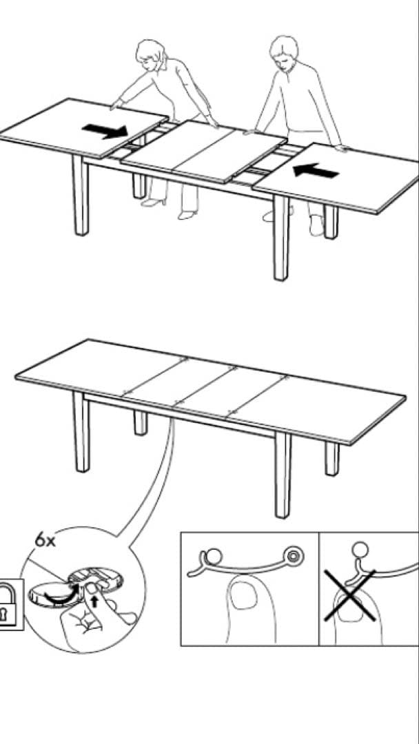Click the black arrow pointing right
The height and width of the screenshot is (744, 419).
(104, 130)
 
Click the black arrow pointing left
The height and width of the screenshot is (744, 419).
(316, 170)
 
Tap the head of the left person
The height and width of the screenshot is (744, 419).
(150, 54)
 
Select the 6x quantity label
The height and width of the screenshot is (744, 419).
(45, 541)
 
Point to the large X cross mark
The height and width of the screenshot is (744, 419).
(350, 595)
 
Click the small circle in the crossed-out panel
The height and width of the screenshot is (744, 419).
(360, 550)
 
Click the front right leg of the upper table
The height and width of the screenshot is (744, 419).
(281, 237)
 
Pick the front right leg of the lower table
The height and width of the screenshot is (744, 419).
(283, 475)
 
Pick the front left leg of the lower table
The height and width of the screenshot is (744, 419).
(81, 432)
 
